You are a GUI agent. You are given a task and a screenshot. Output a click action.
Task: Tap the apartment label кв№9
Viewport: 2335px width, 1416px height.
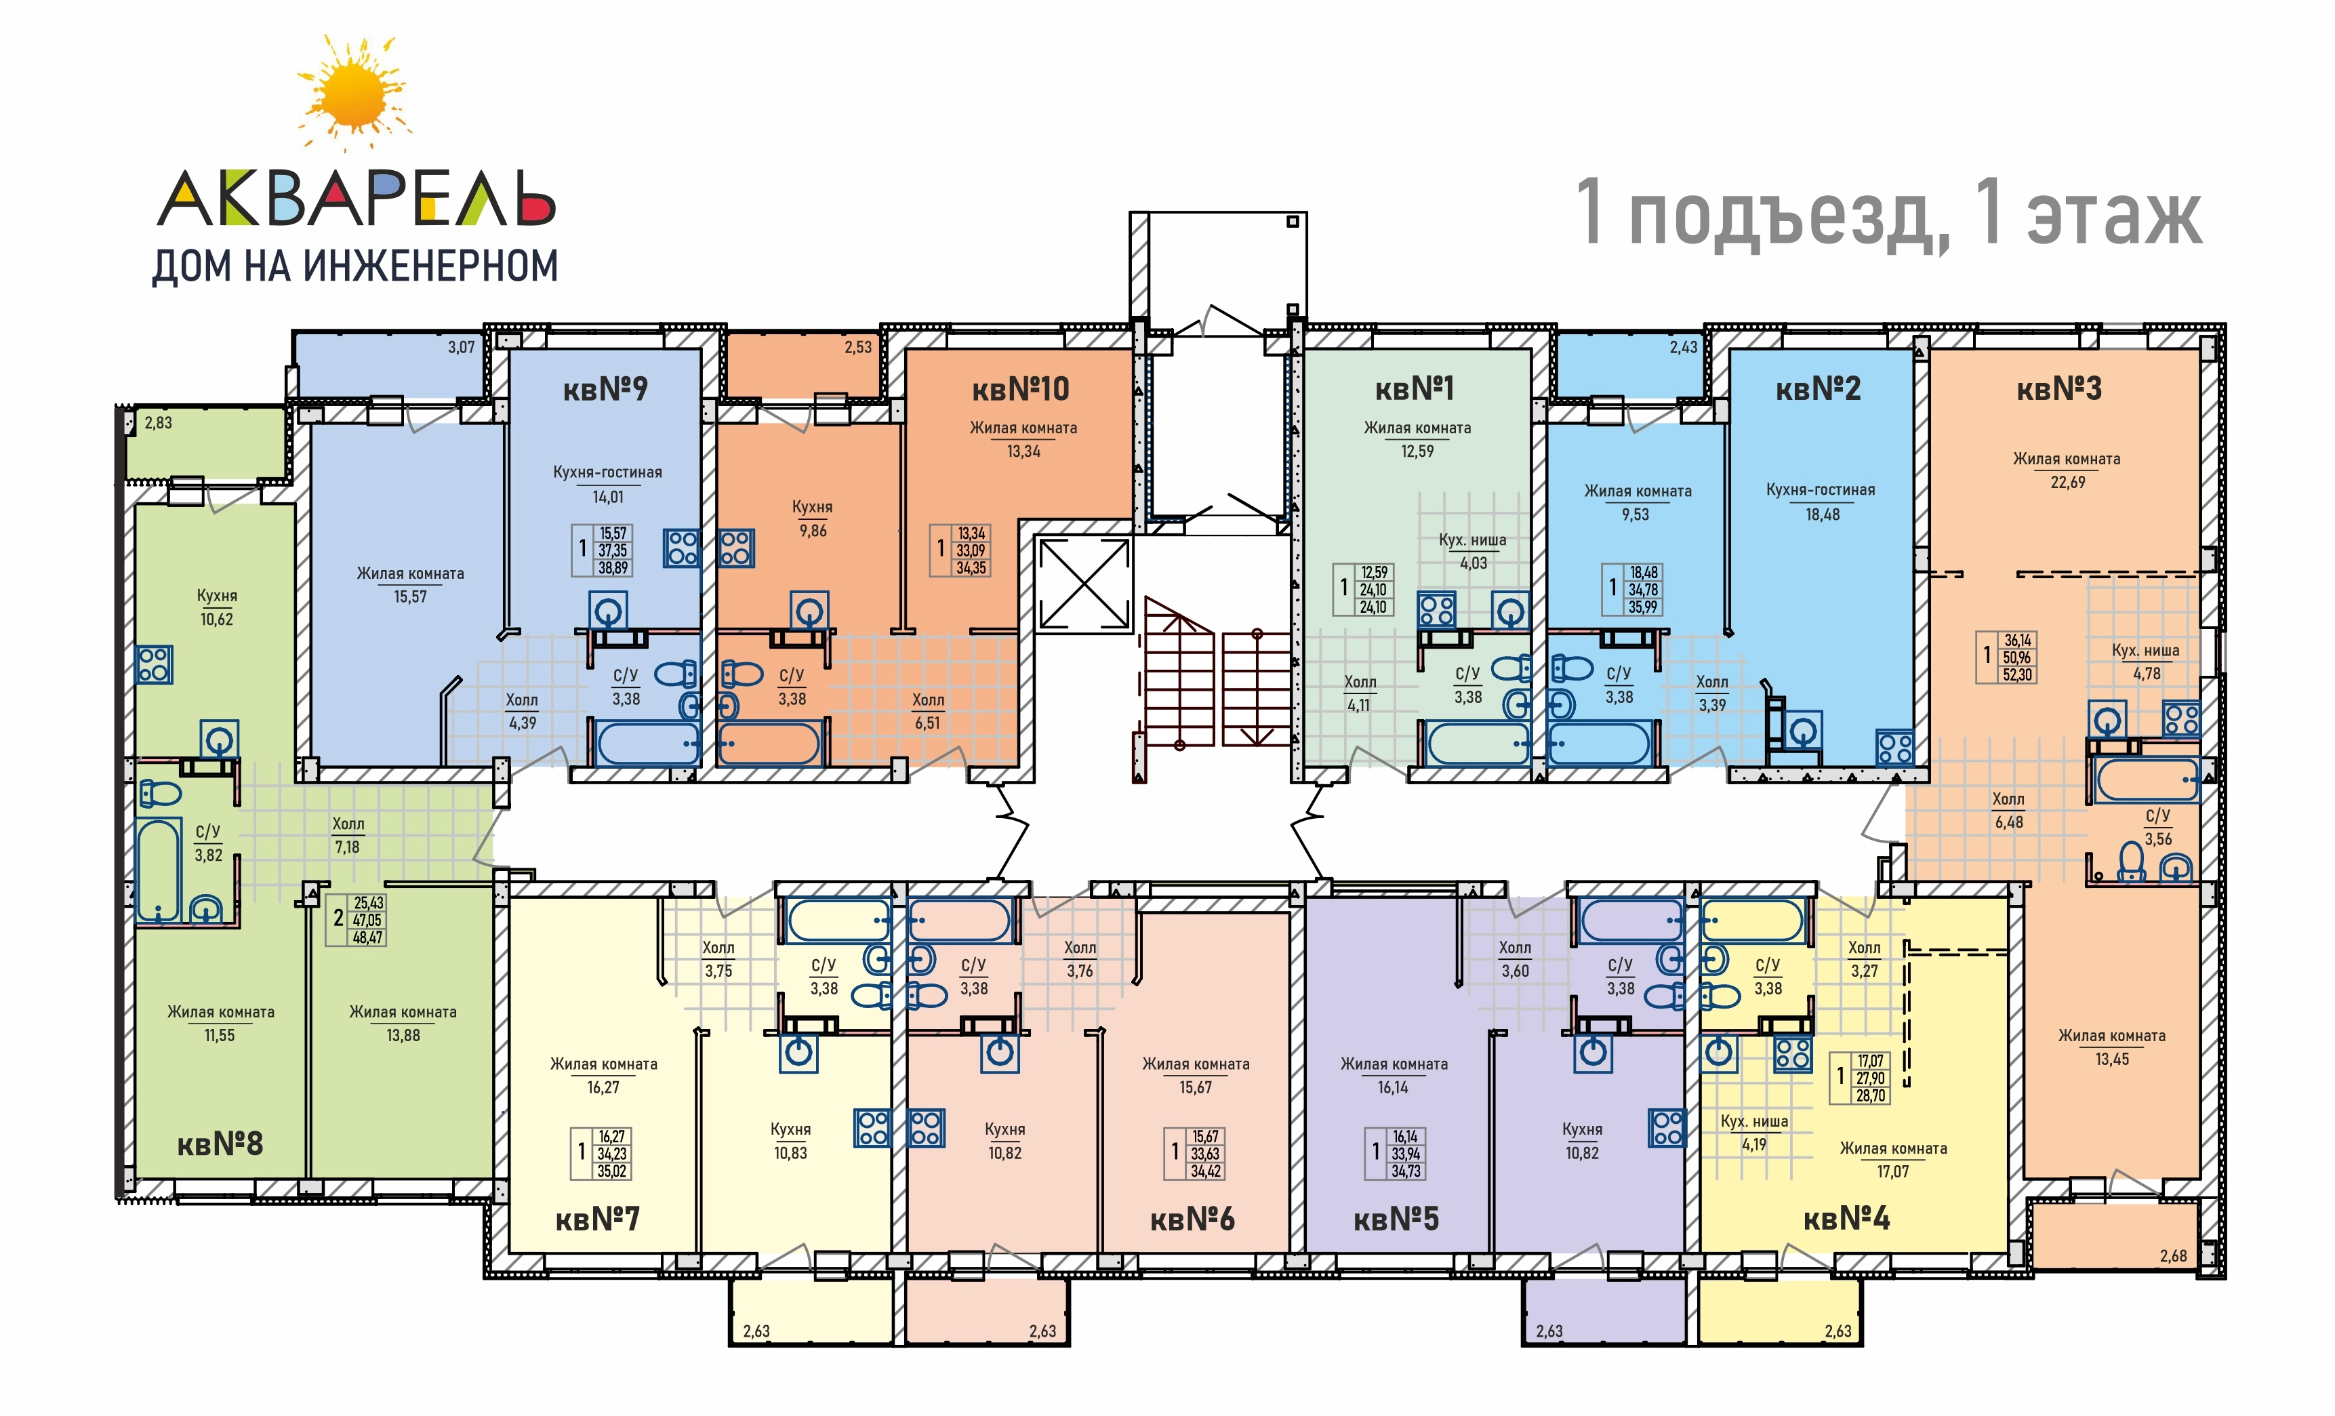pyautogui.click(x=605, y=388)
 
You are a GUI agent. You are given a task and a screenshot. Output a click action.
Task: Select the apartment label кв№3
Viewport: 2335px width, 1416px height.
pyautogui.click(x=2059, y=388)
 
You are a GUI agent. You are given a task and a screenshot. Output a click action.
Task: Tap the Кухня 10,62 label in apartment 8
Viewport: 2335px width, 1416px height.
pyautogui.click(x=217, y=607)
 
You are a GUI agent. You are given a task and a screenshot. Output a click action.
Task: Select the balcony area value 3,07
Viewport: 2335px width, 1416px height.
pyautogui.click(x=462, y=348)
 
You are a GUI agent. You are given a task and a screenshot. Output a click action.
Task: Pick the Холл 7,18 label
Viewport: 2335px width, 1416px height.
pyautogui.click(x=348, y=836)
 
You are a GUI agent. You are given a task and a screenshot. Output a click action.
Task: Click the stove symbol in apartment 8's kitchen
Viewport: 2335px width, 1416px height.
pyautogui.click(x=153, y=664)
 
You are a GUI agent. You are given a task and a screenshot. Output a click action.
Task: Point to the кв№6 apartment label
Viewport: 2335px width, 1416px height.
pyautogui.click(x=1192, y=1219)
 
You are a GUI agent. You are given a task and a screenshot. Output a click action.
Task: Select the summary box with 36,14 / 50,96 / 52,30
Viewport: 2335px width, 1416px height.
pyautogui.click(x=2007, y=658)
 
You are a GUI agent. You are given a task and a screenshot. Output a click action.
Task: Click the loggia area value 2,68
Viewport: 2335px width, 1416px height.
pyautogui.click(x=2173, y=1257)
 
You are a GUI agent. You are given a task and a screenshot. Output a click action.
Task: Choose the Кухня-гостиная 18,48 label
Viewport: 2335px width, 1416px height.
pyautogui.click(x=1821, y=502)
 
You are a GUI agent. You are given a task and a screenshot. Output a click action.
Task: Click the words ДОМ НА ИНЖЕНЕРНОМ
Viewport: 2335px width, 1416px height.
pyautogui.click(x=355, y=266)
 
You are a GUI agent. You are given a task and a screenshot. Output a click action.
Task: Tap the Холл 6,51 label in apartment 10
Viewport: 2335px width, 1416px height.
pyautogui.click(x=928, y=712)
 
